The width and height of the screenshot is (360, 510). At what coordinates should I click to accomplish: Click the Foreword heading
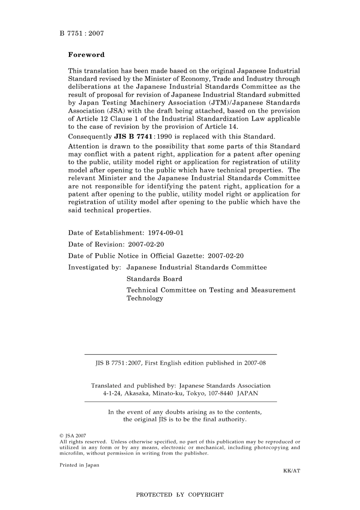(86, 55)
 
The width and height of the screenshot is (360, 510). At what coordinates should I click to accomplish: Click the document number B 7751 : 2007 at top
(81, 33)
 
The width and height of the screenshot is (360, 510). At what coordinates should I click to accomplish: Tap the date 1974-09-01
(166, 233)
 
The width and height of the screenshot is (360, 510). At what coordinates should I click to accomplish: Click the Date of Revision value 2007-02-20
(146, 245)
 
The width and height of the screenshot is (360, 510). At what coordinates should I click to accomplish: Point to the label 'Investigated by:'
(94, 267)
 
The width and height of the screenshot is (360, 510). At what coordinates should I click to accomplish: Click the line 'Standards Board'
(154, 279)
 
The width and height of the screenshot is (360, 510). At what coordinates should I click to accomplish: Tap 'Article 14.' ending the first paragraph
(222, 127)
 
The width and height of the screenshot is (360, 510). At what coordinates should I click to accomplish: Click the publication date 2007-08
(255, 363)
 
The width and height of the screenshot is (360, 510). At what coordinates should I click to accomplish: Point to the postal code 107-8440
(220, 393)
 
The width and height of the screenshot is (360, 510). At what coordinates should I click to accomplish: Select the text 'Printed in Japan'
(79, 465)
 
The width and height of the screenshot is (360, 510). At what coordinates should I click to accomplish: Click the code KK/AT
(291, 471)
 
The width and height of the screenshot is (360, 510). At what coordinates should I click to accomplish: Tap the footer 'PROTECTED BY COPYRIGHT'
(180, 495)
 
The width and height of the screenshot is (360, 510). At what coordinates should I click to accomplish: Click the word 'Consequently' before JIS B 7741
(90, 137)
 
